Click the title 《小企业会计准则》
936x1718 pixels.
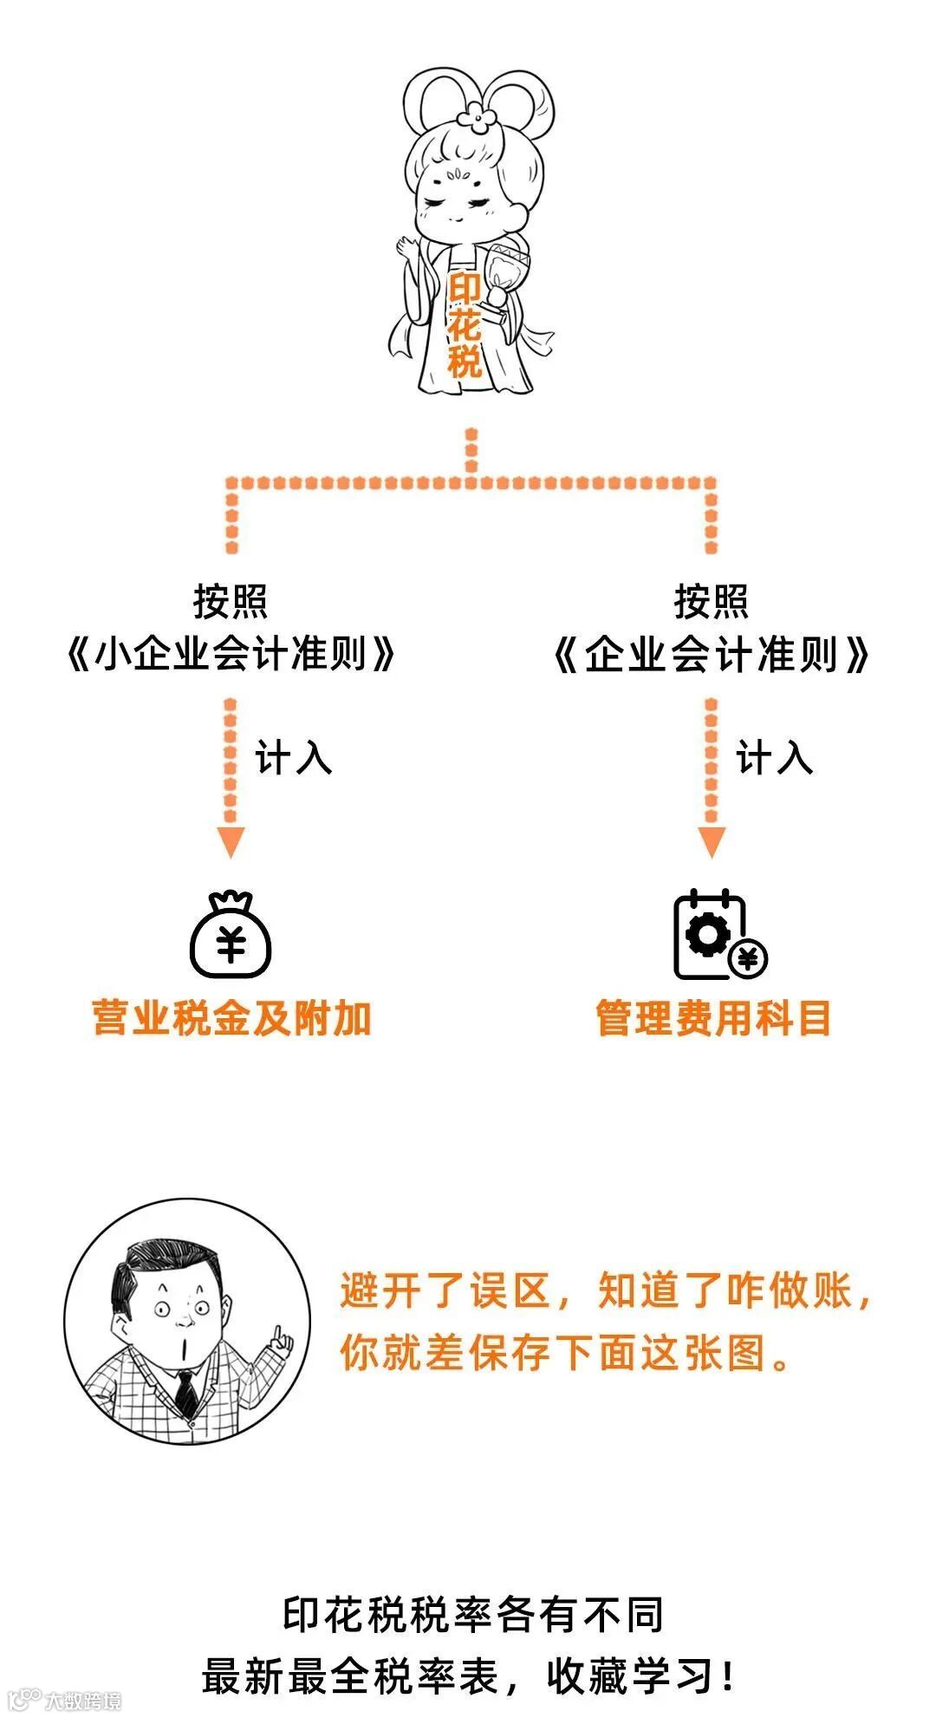231,654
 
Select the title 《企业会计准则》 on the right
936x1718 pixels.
711,654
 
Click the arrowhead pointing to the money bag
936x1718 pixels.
231,841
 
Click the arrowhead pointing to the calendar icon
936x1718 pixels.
712,841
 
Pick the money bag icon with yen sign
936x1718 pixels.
231,936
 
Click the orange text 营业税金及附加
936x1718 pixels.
231,1018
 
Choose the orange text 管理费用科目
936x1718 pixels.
712,1018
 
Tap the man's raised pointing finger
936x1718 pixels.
280,1336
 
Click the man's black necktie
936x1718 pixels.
185,1394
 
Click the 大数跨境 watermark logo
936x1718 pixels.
64,1700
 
